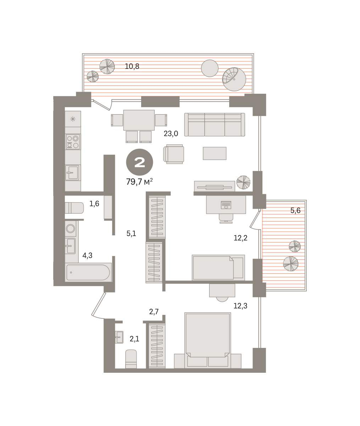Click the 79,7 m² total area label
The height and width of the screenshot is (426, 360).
pyautogui.click(x=139, y=181)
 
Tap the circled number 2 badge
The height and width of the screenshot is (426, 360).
pyautogui.click(x=140, y=162)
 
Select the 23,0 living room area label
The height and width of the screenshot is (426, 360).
pyautogui.click(x=171, y=134)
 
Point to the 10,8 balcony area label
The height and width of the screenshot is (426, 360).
pyautogui.click(x=132, y=66)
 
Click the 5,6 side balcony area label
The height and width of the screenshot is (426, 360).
pyautogui.click(x=295, y=211)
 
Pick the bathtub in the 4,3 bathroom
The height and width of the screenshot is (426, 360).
pyautogui.click(x=89, y=273)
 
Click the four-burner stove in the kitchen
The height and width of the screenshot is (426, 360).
pyautogui.click(x=73, y=142)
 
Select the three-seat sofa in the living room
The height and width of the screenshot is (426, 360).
pyautogui.click(x=215, y=125)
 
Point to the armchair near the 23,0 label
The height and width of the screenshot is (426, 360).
pyautogui.click(x=173, y=154)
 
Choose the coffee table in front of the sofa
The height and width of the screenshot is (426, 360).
pyautogui.click(x=215, y=153)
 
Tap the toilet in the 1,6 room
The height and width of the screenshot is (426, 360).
pyautogui.click(x=74, y=208)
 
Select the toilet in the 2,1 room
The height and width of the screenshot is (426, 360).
pyautogui.click(x=131, y=359)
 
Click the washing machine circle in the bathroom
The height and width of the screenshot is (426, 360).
pyautogui.click(x=71, y=229)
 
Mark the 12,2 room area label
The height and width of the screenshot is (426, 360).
pyautogui.click(x=240, y=238)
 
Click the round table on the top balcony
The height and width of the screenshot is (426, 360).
pyautogui.click(x=210, y=68)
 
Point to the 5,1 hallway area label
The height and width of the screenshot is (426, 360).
pyautogui.click(x=131, y=234)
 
